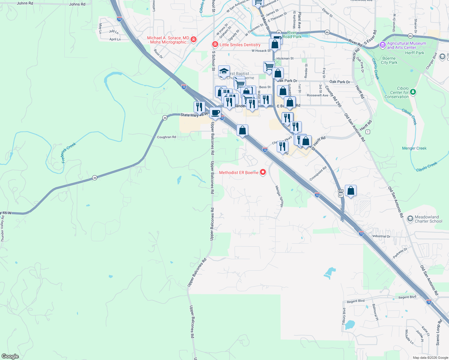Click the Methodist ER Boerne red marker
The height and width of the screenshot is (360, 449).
263,172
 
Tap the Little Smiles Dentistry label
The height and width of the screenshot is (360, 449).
240,45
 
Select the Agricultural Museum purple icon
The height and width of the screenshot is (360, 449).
382,45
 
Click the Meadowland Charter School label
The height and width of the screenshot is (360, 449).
428,219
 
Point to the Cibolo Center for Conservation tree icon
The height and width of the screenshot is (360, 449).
413,92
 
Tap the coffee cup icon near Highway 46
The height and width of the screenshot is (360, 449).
215,113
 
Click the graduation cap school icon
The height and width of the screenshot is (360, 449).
224,71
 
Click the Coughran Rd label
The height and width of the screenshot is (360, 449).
167,137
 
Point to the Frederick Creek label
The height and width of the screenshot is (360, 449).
69,153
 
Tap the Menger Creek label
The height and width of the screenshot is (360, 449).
414,148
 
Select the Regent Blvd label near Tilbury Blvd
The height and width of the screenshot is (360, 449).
356,301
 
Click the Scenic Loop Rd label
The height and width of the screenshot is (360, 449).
439,332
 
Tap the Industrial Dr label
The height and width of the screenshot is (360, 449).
381,236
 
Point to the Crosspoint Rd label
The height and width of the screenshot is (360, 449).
318,174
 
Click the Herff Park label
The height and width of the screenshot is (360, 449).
414,53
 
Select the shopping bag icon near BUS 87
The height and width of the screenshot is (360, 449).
351,190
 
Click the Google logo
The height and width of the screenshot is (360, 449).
10,356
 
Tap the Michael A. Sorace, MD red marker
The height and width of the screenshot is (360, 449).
194,40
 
